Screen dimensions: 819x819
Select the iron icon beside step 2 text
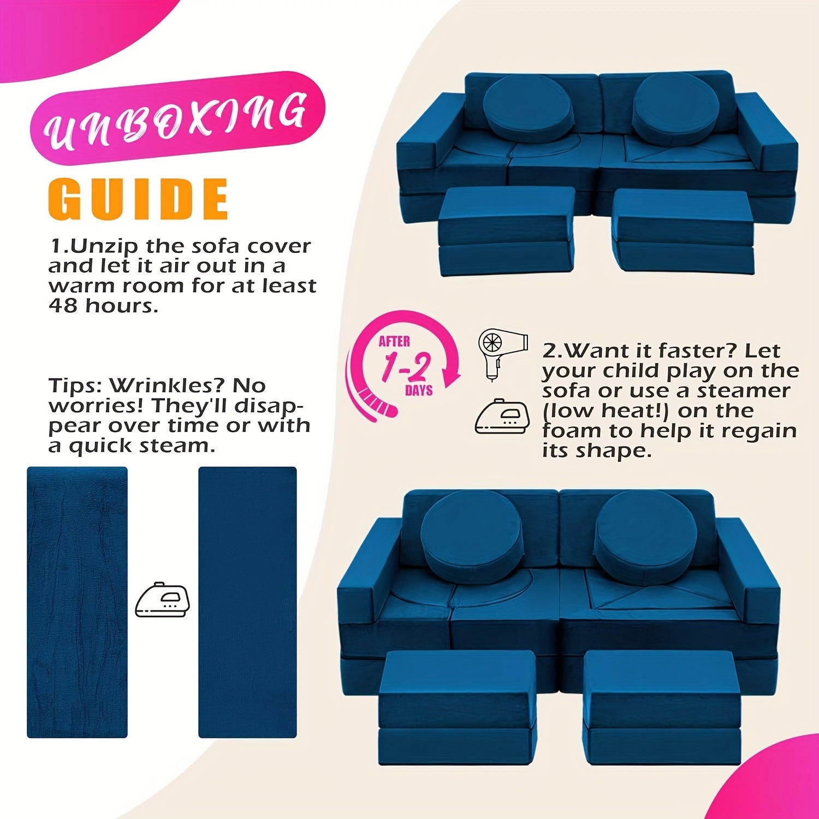tap(502, 417)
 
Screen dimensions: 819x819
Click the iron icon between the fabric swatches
tap(163, 599)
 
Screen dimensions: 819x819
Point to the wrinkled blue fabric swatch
tap(77, 602)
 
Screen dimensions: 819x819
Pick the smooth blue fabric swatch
tap(247, 602)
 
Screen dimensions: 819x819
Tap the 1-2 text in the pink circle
tap(406, 366)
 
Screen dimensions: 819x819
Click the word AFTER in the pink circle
tap(394, 341)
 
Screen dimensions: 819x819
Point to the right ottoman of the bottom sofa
tap(662, 707)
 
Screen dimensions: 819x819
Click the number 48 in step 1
tap(63, 305)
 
